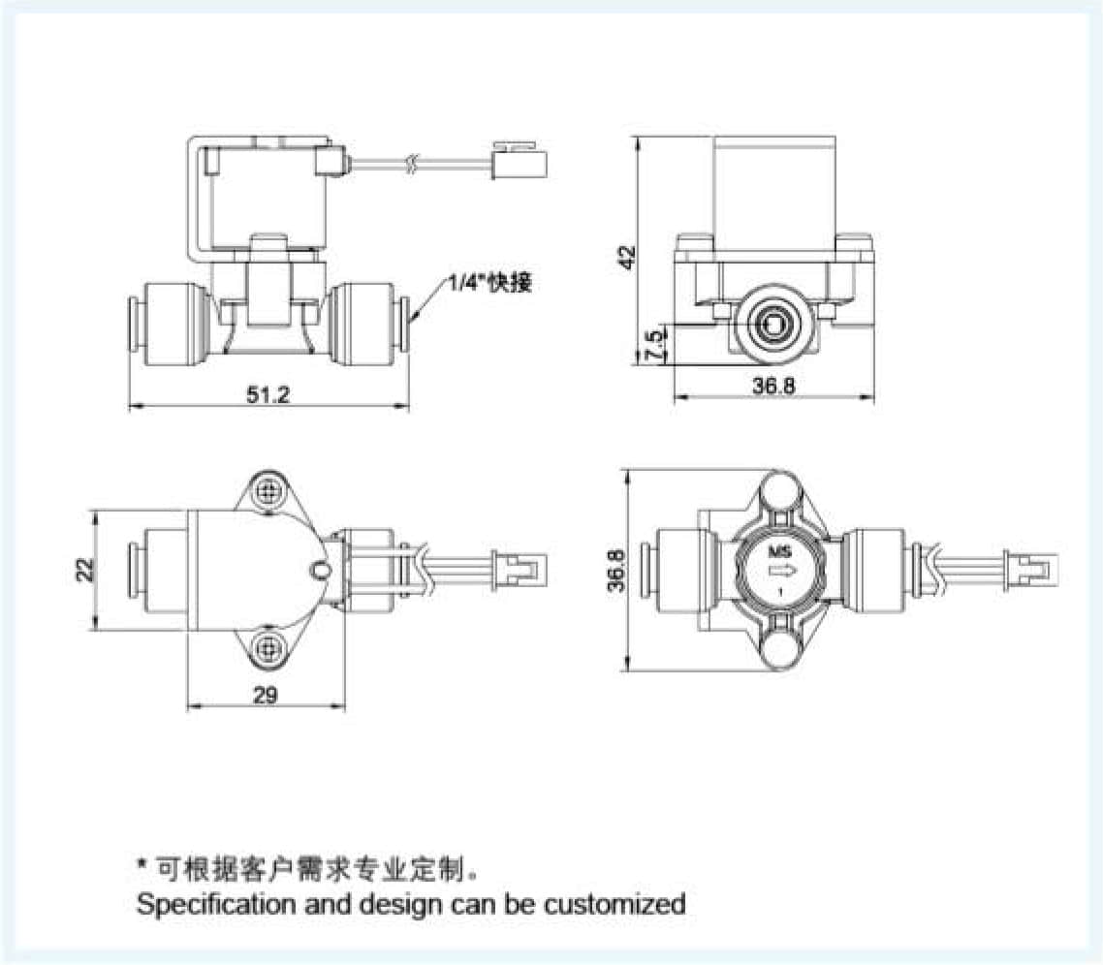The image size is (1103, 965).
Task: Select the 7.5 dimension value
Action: [x=655, y=345]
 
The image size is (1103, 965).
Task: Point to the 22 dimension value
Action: [x=84, y=569]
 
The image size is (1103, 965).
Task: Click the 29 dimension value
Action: [x=266, y=695]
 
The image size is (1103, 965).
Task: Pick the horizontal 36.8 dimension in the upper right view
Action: [x=774, y=386]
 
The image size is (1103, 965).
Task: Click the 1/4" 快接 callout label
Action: [x=489, y=284]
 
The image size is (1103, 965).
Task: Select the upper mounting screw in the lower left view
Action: [x=268, y=492]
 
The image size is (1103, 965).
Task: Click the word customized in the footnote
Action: [x=615, y=904]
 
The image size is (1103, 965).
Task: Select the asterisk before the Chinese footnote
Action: [x=142, y=862]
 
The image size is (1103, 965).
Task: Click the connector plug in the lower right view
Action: [x=1026, y=569]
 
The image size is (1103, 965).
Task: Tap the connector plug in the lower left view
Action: [x=522, y=569]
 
